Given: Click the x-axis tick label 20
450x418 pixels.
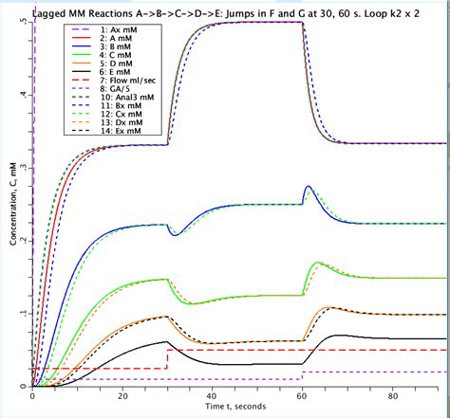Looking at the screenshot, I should coord(122,394).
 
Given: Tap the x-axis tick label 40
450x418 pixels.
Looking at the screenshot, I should coord(213,394).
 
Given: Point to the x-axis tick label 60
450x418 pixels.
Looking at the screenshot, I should coord(303,394).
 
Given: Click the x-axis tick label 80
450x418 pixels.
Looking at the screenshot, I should coord(393,394).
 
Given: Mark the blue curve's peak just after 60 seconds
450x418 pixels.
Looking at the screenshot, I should coord(309,188).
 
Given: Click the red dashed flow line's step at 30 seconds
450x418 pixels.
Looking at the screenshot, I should coord(168,358).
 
